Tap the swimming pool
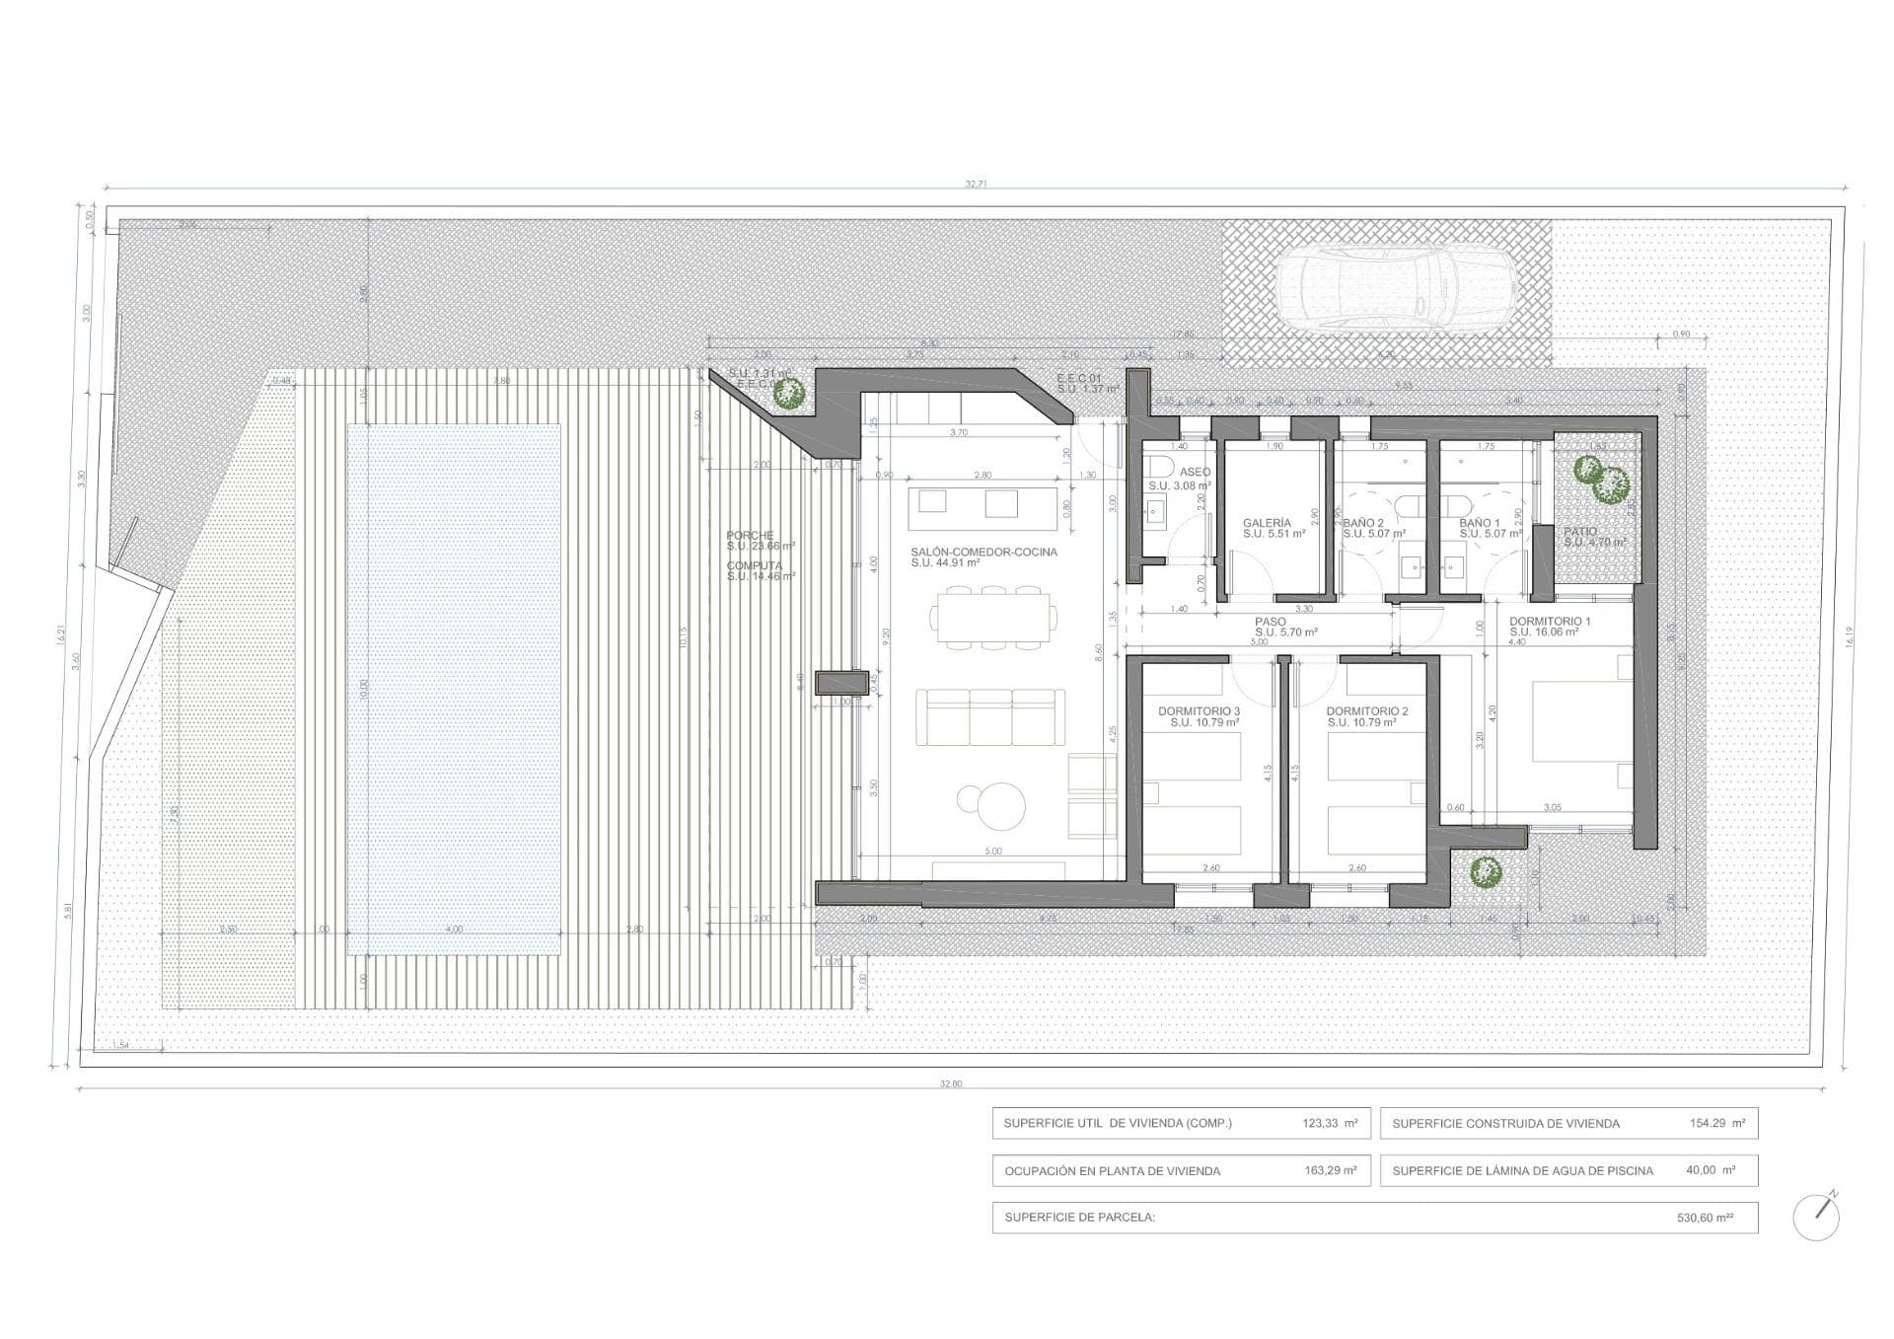coord(454,689)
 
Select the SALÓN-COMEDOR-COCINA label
coord(983,553)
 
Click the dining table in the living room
coord(992,617)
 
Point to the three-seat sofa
coord(990,716)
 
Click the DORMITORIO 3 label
coord(1199,711)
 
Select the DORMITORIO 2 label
coord(1366,711)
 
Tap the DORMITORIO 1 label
coord(1550,622)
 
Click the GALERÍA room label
coord(1267,523)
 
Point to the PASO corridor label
coord(1271,622)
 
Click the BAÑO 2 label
coord(1363,523)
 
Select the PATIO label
coord(1580,532)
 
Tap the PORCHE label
coord(751,536)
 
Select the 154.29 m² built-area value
coord(1716,1123)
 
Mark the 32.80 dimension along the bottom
coord(950,1083)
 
